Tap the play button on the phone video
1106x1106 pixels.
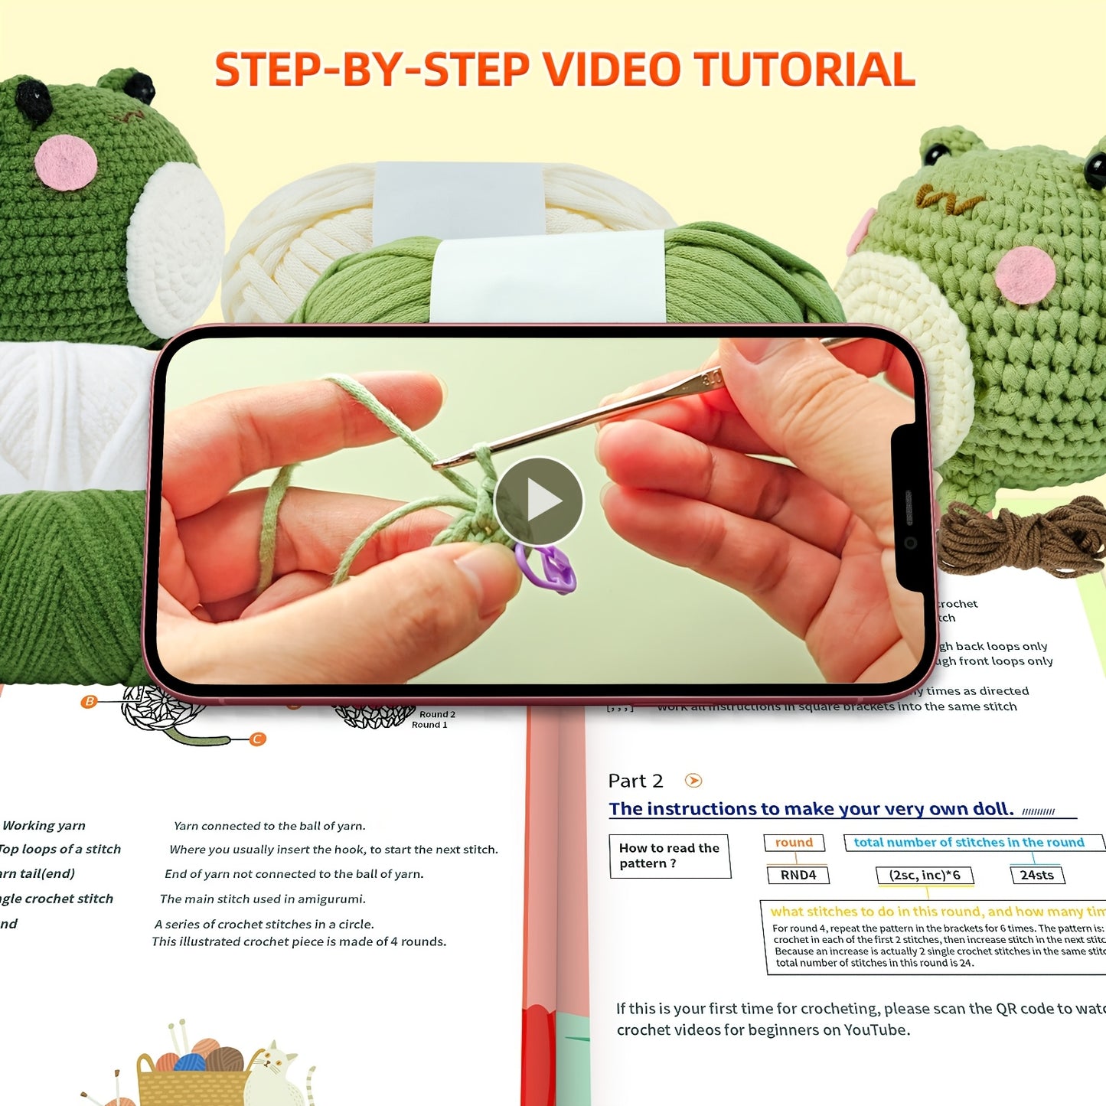(x=538, y=501)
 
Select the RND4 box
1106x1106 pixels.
(x=798, y=875)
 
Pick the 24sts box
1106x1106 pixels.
(x=1036, y=875)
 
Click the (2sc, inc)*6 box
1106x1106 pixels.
(x=924, y=875)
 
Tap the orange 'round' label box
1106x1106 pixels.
(x=794, y=843)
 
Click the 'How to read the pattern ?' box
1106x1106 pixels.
(x=669, y=856)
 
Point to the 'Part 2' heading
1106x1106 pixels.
(x=635, y=781)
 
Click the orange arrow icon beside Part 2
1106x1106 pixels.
(x=693, y=781)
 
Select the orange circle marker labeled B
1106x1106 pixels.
(x=90, y=701)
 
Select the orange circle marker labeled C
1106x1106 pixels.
(x=258, y=739)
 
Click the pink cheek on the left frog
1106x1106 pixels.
(x=66, y=162)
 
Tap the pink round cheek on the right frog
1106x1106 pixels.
(x=1026, y=275)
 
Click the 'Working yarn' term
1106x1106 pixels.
(x=44, y=825)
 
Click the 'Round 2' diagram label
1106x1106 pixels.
(x=437, y=714)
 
